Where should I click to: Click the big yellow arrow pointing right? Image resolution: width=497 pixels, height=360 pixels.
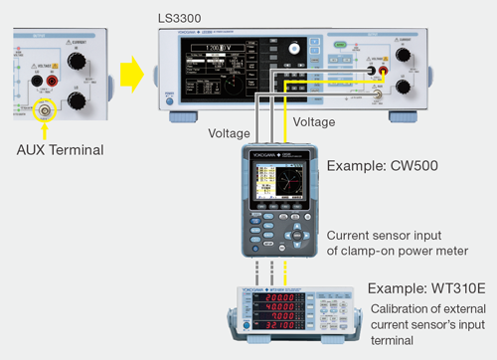130,73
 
